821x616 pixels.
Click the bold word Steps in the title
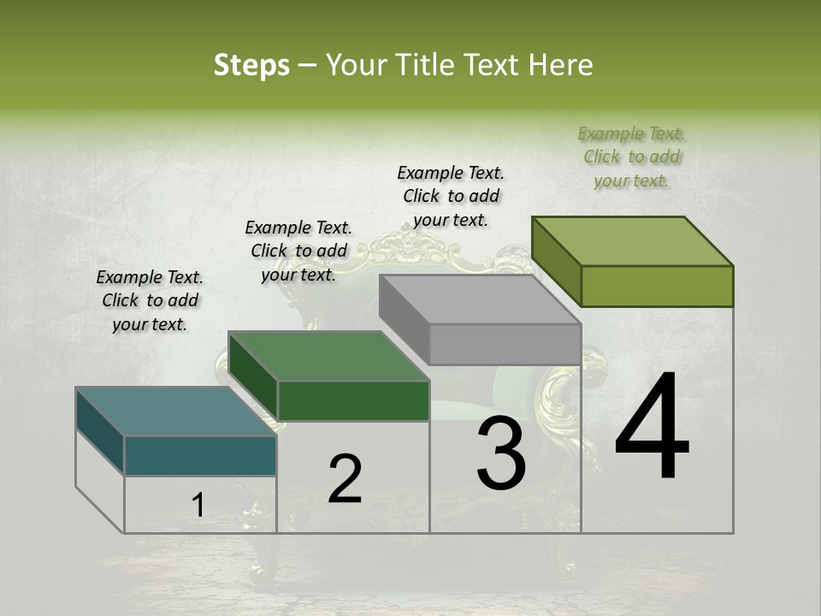(x=251, y=65)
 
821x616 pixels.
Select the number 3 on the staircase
(x=501, y=453)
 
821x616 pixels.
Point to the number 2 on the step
(x=345, y=479)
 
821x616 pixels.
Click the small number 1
(x=198, y=505)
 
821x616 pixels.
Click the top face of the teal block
(x=175, y=411)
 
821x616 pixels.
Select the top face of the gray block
(x=479, y=299)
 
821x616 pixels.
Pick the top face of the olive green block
(x=632, y=240)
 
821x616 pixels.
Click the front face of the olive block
(x=657, y=286)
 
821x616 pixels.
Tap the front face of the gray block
(x=505, y=345)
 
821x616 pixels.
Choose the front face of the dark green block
(x=353, y=400)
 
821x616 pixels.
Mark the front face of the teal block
(x=200, y=455)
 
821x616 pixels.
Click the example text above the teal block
(x=150, y=301)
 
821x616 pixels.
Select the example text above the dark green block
(x=298, y=251)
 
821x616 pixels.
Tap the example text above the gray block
(x=451, y=196)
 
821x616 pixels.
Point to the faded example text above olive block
(x=631, y=157)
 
